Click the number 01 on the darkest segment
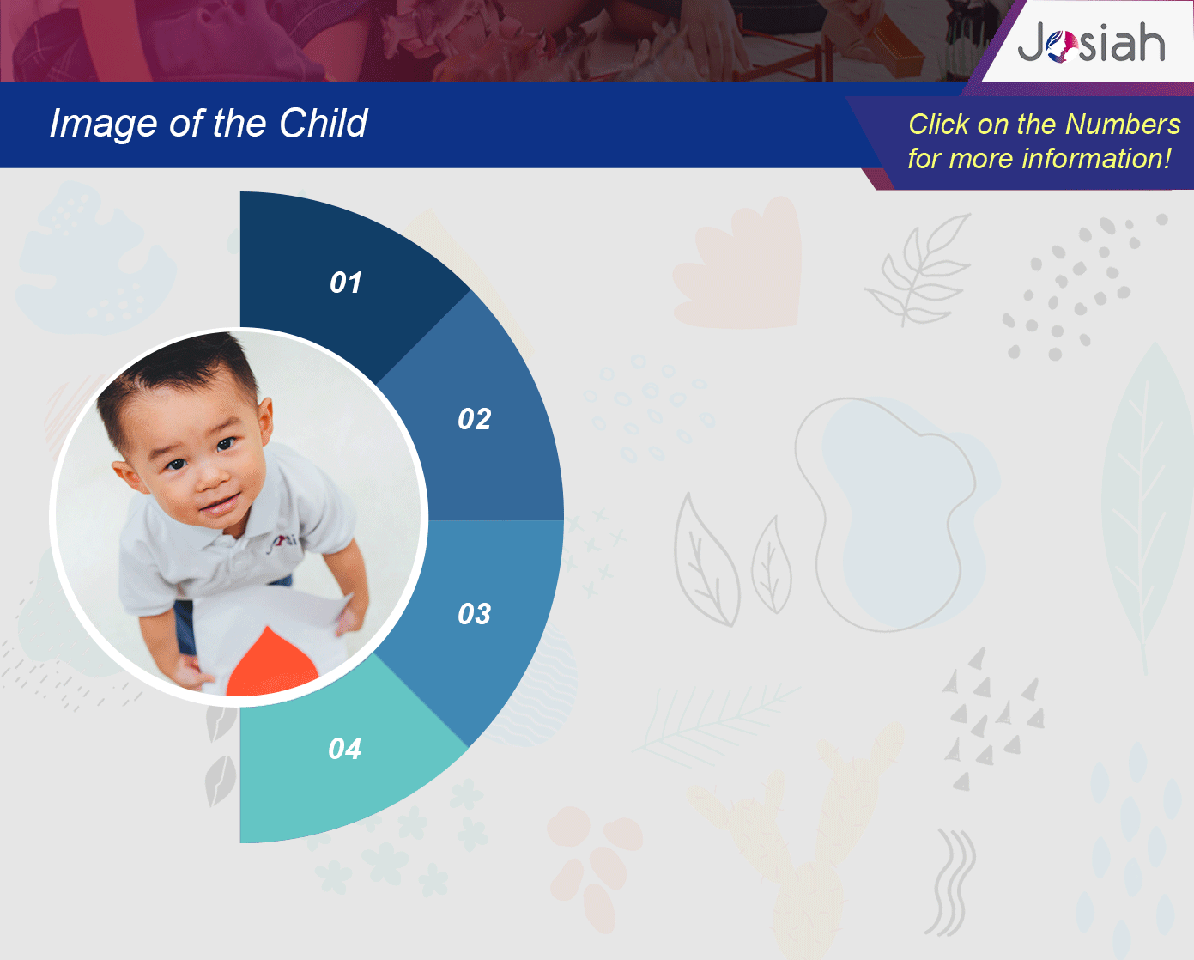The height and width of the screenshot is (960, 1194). (346, 283)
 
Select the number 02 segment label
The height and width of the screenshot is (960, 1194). (475, 419)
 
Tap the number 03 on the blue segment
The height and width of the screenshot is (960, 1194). (475, 614)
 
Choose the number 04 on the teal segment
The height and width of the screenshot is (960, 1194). (344, 749)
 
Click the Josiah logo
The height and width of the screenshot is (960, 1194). (1091, 42)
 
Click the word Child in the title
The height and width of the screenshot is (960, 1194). (323, 123)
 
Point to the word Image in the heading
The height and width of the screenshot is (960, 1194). (104, 124)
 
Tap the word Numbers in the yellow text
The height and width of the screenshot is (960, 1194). (1123, 124)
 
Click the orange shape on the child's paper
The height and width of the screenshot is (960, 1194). (272, 664)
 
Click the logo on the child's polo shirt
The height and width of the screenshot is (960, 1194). (282, 543)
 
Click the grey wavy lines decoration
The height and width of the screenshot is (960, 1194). (950, 884)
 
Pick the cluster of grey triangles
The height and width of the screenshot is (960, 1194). (992, 719)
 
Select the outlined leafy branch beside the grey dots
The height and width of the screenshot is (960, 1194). (918, 270)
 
